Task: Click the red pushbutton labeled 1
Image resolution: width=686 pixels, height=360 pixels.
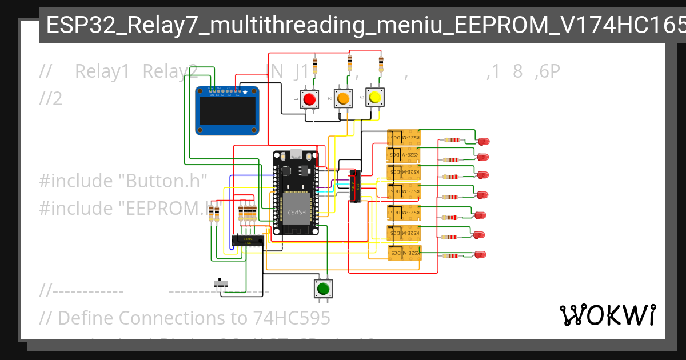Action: point(309,99)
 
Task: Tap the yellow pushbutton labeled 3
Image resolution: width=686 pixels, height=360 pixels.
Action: point(375,98)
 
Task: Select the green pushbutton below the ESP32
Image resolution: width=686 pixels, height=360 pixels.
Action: point(324,287)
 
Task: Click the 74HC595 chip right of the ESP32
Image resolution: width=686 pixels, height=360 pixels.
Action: point(355,186)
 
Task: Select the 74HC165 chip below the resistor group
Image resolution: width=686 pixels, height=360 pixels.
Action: point(248,241)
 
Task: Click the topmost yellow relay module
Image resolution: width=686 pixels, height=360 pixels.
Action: point(404,138)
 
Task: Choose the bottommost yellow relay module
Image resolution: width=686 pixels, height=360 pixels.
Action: point(404,253)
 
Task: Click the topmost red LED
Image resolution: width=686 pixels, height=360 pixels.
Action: point(484,141)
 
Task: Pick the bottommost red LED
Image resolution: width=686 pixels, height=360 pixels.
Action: point(480,254)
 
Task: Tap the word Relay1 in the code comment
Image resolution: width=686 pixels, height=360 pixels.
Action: point(102,72)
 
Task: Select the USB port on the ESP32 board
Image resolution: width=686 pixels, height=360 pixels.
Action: point(296,154)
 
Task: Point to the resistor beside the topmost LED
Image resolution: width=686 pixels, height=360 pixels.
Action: point(452,140)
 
